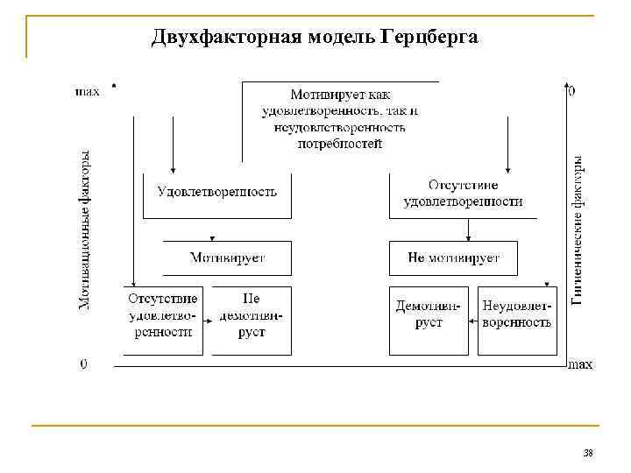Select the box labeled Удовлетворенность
coord(216,192)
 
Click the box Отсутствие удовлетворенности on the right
coord(463,194)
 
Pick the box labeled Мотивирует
coord(227,258)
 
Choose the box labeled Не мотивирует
coord(453,258)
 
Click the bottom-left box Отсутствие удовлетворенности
coord(162,315)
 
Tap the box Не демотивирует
coord(252,315)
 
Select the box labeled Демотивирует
coord(429,315)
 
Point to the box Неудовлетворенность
coord(517,315)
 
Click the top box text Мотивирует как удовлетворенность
coord(339,117)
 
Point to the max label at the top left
coord(88,90)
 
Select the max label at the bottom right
coord(580,364)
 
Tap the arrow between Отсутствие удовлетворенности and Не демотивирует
coord(208,321)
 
